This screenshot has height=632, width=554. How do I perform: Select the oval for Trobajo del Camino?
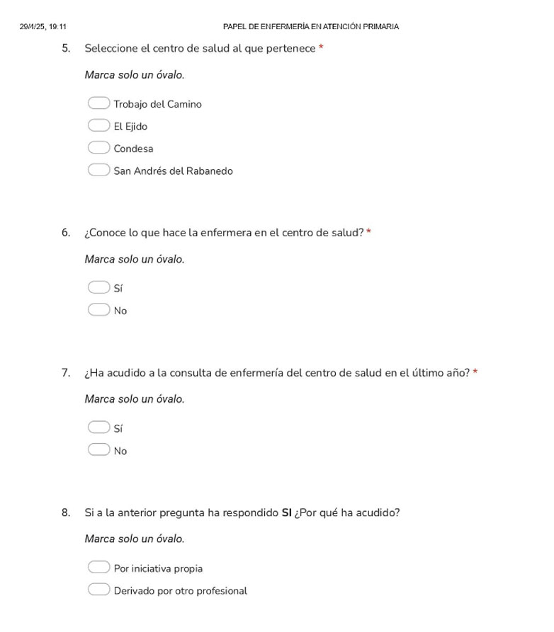click(98, 104)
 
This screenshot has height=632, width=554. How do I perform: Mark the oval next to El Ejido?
click(98, 126)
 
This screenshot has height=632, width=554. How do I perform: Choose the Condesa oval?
click(98, 148)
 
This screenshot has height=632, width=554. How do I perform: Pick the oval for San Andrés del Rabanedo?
click(98, 171)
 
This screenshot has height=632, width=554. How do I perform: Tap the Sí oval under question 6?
click(98, 287)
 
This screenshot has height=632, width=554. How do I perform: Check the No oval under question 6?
click(98, 310)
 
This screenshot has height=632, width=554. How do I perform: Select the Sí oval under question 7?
click(98, 427)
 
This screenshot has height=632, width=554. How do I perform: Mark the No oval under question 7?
click(98, 450)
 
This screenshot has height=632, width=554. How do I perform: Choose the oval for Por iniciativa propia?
click(98, 568)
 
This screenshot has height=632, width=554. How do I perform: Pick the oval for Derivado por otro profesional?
click(98, 590)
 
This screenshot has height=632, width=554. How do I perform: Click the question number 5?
click(66, 48)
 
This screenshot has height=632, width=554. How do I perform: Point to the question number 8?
click(66, 512)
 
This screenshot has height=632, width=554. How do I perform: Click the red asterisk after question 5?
click(321, 48)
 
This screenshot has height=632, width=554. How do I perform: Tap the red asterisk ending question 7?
click(475, 372)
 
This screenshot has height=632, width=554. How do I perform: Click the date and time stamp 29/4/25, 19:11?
click(44, 27)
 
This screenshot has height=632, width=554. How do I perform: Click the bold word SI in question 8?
click(288, 512)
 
